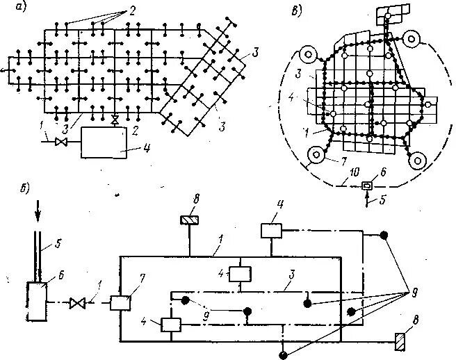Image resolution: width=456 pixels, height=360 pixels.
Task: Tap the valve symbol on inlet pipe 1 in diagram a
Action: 60,142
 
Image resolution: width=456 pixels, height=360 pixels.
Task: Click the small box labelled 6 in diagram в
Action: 366,185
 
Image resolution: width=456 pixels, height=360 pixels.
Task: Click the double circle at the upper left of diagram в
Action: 308,55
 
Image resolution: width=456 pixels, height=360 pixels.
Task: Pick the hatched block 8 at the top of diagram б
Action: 188,220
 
